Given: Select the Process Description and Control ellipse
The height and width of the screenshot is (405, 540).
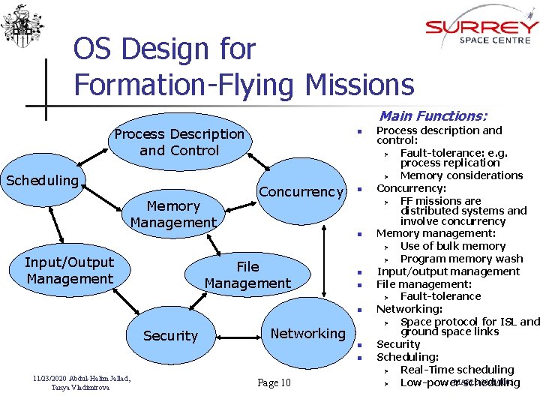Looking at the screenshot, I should (x=179, y=142).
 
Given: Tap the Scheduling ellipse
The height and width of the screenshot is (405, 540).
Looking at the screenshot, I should (x=43, y=181).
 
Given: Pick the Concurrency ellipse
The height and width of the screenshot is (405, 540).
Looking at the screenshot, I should (x=301, y=192).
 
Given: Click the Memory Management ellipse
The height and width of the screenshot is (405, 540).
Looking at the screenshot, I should (x=173, y=214).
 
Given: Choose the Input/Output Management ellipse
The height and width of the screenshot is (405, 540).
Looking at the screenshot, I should (x=69, y=270).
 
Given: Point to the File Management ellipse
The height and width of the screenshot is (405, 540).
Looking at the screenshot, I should (x=247, y=274).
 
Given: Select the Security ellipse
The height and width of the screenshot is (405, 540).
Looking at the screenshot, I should (x=170, y=335).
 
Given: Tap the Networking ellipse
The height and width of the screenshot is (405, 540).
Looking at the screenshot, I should (x=307, y=333).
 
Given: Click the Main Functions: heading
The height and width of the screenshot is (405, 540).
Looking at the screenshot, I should (x=433, y=116).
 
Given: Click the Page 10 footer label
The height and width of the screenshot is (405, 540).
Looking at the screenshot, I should (x=274, y=383).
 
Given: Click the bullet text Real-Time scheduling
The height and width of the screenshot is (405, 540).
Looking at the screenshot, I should (x=457, y=370).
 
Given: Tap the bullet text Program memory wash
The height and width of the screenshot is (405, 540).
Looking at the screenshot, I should (x=461, y=259).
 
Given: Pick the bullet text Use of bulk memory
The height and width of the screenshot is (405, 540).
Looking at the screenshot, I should (x=453, y=246).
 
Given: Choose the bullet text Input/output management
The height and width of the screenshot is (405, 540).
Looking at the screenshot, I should (x=448, y=271).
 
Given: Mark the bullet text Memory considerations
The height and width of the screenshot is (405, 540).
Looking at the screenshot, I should (x=461, y=175).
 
